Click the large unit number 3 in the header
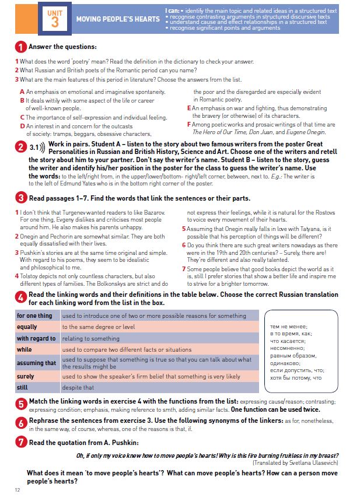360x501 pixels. click(55, 22)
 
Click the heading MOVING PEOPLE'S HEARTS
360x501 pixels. click(117, 19)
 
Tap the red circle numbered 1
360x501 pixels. click(20, 47)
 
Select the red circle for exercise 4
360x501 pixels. click(20, 299)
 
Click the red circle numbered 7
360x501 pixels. click(20, 442)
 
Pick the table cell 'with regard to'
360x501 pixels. click(36, 338)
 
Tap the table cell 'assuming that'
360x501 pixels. click(36, 363)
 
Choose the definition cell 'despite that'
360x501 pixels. click(78, 387)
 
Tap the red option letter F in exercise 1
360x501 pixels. click(189, 124)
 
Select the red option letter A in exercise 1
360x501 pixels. click(22, 92)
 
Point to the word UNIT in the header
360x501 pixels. click(55, 10)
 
